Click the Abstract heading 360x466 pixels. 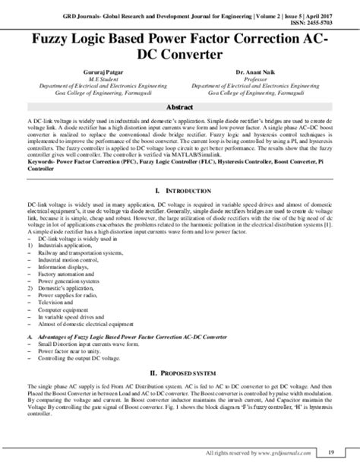pos(180,108)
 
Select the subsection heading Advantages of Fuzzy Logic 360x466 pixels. pos(114,334)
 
